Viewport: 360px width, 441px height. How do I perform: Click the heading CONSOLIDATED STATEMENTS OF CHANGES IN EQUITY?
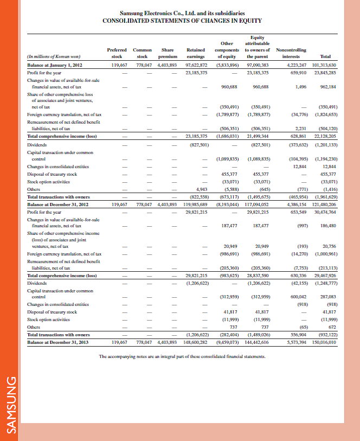point(182,21)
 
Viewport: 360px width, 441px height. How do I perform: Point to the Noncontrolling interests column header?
point(291,53)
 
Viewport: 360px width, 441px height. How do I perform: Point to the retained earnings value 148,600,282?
point(194,342)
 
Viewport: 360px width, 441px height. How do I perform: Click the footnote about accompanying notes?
point(182,356)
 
